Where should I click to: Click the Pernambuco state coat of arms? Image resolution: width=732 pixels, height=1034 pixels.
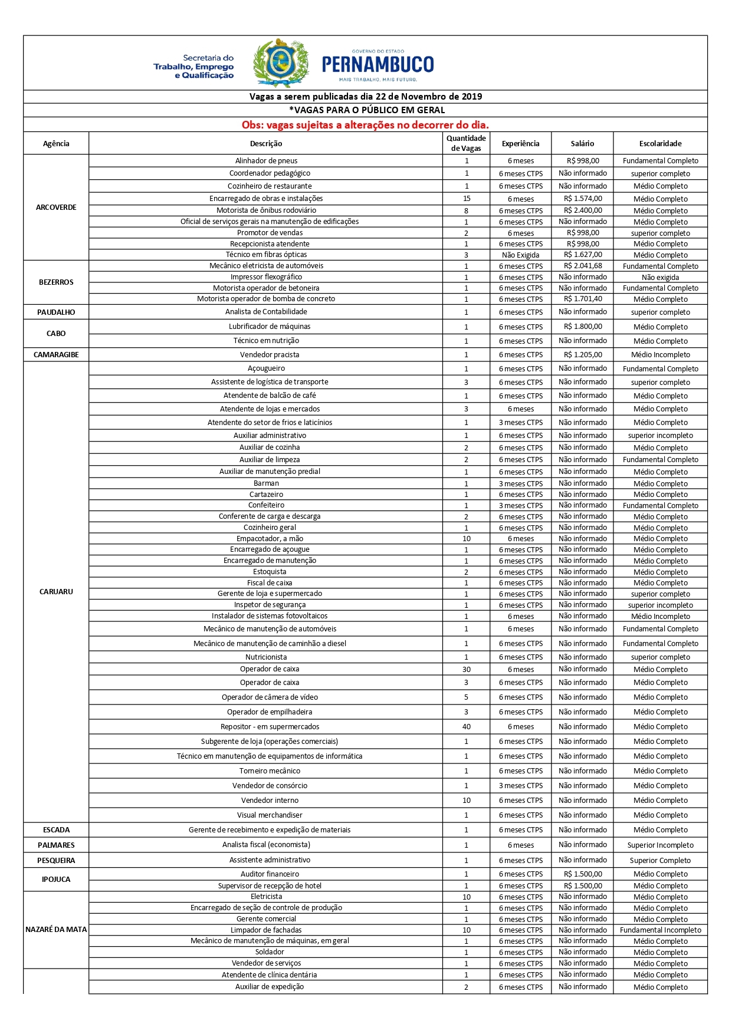click(x=281, y=63)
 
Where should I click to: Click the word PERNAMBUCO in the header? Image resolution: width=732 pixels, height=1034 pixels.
click(x=378, y=64)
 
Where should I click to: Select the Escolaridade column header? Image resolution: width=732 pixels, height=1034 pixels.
click(x=660, y=143)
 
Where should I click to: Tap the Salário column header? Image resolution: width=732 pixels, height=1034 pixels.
click(x=582, y=143)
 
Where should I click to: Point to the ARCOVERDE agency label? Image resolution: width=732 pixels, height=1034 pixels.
click(x=56, y=208)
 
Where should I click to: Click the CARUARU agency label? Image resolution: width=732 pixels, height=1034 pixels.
click(x=56, y=591)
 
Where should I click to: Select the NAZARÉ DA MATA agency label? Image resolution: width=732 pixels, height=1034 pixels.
click(x=56, y=930)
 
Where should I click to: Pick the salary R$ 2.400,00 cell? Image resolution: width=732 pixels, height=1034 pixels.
click(x=583, y=210)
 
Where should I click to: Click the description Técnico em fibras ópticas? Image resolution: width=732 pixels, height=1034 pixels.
click(x=266, y=255)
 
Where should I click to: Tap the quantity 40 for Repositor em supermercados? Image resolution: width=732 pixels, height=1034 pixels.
click(x=466, y=727)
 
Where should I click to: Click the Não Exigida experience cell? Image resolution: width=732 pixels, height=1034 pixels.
click(x=520, y=255)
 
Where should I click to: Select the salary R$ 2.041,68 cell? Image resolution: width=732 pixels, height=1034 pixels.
click(x=583, y=266)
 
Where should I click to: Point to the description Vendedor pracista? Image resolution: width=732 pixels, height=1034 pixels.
click(x=270, y=355)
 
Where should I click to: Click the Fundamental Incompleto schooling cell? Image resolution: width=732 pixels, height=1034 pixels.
click(x=660, y=930)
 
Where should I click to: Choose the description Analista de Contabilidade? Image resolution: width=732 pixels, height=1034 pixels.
click(x=266, y=312)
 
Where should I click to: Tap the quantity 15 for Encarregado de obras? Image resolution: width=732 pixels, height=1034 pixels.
click(x=466, y=199)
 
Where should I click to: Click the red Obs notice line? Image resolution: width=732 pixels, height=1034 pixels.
click(x=365, y=125)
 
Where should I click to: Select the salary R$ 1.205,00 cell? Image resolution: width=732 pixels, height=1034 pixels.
click(x=583, y=355)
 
